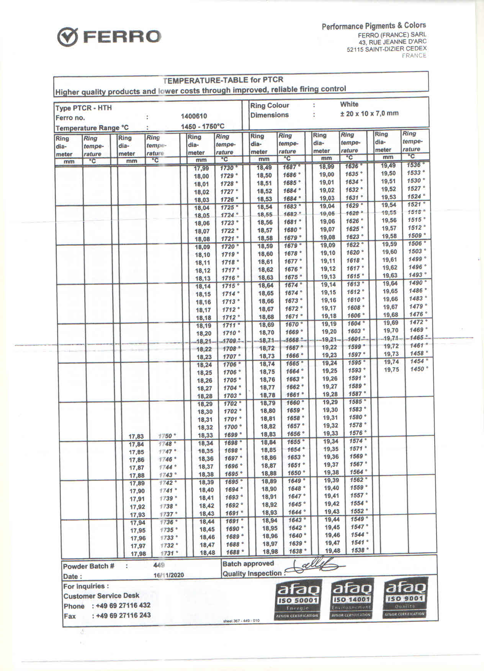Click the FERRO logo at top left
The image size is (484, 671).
point(110,37)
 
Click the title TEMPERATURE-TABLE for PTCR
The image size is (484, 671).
point(223,80)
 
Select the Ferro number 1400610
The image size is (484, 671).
point(194,116)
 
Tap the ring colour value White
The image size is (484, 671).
point(349,104)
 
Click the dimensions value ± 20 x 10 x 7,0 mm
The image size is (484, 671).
point(369,113)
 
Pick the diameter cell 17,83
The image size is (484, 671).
point(136,436)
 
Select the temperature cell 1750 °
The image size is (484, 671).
point(167,436)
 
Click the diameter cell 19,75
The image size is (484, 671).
point(391,370)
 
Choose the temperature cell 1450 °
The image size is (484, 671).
point(418,369)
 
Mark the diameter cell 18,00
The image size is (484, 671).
point(201,176)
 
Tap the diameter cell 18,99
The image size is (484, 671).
point(327,167)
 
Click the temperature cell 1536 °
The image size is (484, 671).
point(415,165)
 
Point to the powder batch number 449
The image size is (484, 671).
point(159,565)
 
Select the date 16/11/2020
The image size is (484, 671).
point(168,575)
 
